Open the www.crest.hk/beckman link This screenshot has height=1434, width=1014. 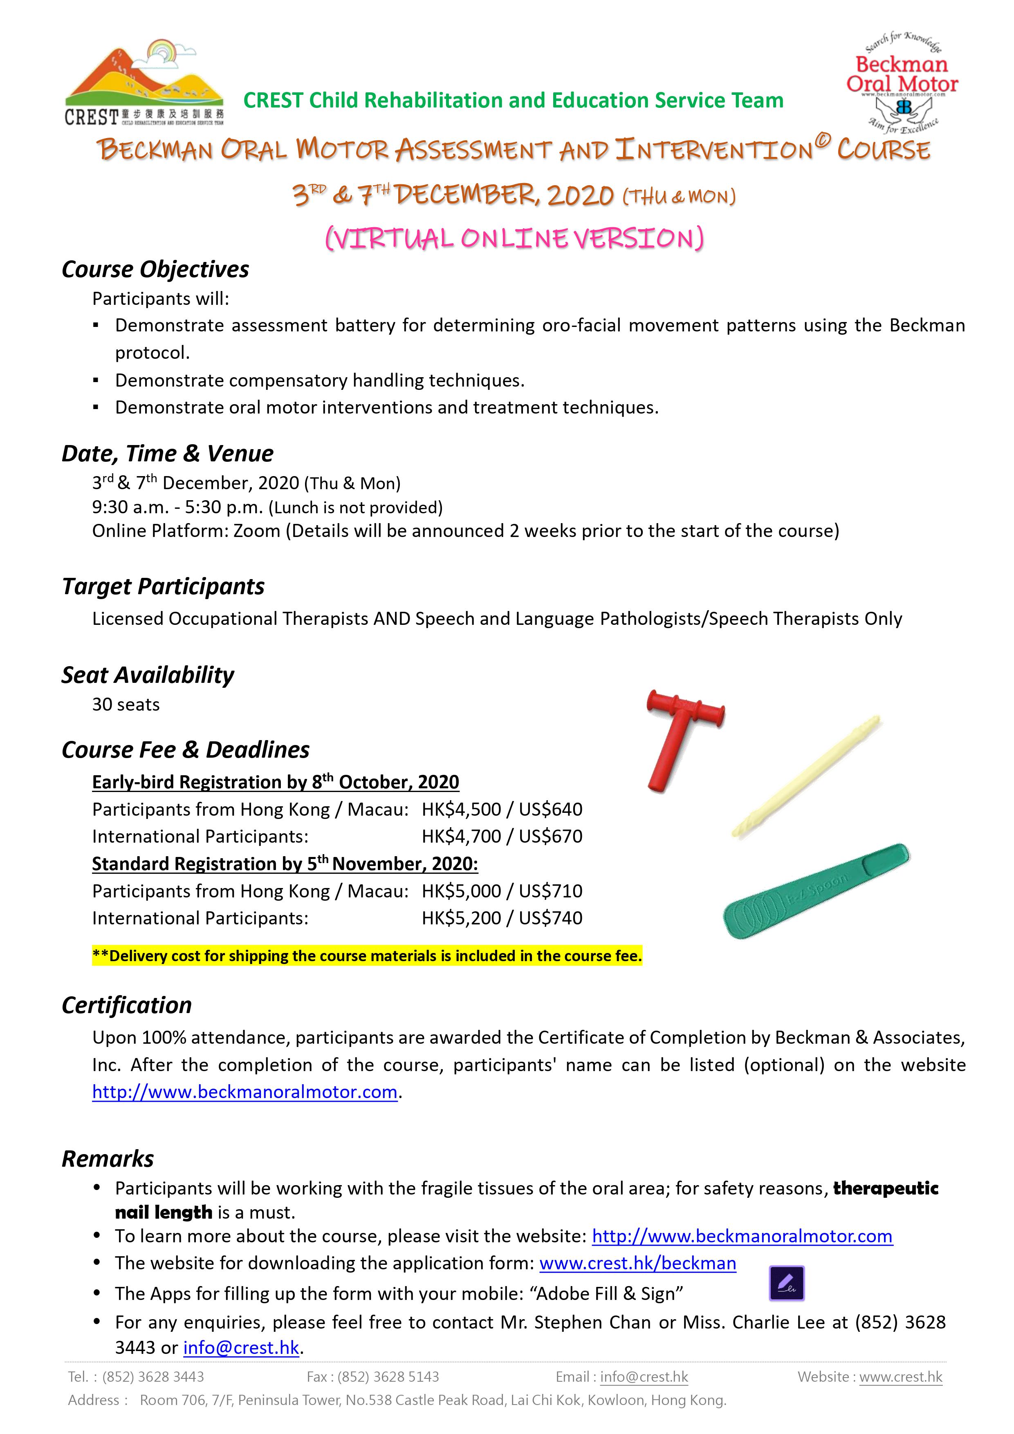pyautogui.click(x=637, y=1263)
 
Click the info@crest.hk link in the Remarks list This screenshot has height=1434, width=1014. pyautogui.click(x=241, y=1347)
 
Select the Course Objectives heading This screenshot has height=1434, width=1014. pyautogui.click(x=155, y=269)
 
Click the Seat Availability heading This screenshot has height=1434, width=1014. pyautogui.click(x=148, y=675)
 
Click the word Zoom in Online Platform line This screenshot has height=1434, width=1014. pyautogui.click(x=256, y=530)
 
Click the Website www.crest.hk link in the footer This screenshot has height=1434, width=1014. pyautogui.click(x=900, y=1376)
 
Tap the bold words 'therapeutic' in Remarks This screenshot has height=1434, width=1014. pyautogui.click(x=885, y=1188)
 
